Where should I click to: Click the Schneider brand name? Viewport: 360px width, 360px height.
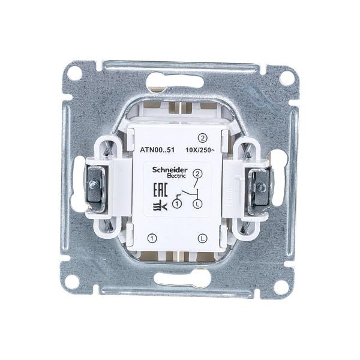pos(170,170)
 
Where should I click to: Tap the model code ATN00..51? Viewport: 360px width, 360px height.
pos(157,150)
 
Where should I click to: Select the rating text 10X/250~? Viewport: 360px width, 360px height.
pos(200,150)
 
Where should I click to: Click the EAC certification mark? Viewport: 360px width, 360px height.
pos(160,190)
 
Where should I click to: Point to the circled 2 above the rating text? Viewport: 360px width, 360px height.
pos(203,138)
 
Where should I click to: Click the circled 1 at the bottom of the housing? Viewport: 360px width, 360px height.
pos(152,238)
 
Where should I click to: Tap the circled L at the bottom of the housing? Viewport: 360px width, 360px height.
pos(202,238)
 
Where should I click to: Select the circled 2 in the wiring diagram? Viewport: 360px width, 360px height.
pos(197,174)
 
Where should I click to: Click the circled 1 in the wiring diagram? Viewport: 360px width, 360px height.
pos(177,203)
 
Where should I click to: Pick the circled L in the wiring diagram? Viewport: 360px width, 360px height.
pos(197,203)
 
